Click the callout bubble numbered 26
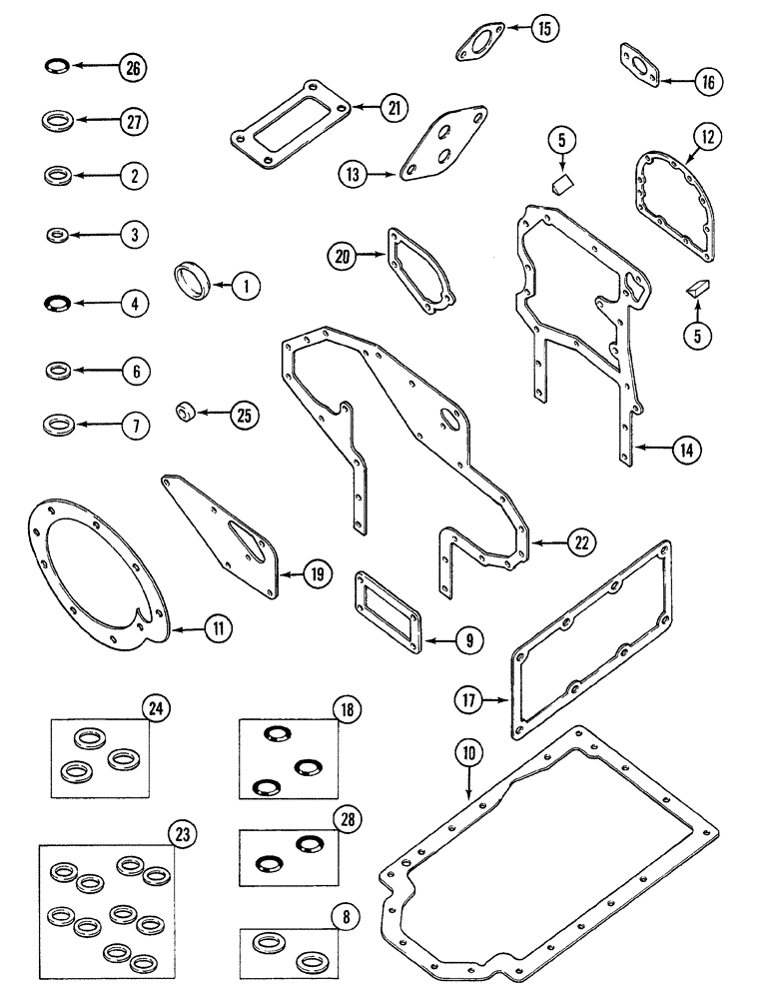(132, 68)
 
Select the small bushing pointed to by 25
(185, 410)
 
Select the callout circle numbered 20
(344, 257)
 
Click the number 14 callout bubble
(686, 450)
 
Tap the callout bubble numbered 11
(217, 628)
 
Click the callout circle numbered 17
(470, 701)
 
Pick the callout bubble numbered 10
(468, 748)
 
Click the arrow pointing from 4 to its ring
(90, 303)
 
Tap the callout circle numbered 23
(182, 833)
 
